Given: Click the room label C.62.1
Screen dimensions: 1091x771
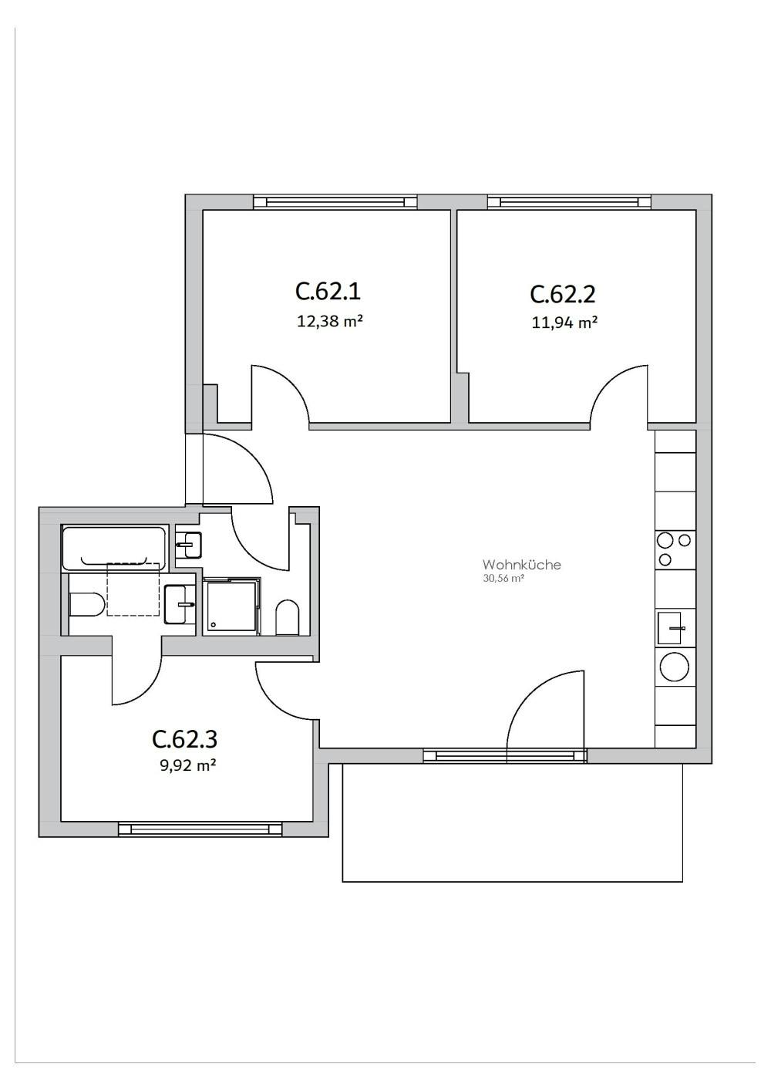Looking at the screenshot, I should click(328, 292).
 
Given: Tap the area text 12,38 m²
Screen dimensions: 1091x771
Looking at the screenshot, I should click(329, 321).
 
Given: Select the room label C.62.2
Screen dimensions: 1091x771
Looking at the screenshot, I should click(563, 294).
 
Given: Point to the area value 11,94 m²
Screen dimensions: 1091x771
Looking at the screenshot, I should click(564, 323).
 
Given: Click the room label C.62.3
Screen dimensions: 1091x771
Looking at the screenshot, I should click(185, 739).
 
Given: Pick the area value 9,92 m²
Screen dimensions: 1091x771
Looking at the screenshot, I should click(184, 765).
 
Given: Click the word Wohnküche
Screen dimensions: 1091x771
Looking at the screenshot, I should click(521, 565).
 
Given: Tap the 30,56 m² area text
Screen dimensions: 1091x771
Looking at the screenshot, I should click(503, 578).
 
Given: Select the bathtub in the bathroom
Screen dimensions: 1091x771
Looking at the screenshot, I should click(114, 548).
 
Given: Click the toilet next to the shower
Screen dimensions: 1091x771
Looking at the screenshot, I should click(288, 617).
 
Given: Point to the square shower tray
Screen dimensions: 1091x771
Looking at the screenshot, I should click(231, 607).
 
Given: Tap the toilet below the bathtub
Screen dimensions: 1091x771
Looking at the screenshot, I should click(86, 604).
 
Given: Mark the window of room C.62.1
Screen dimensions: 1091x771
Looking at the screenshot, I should click(335, 202).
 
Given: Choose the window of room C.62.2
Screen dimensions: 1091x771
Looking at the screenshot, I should click(569, 202).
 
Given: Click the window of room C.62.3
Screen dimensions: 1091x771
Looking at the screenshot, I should click(200, 829).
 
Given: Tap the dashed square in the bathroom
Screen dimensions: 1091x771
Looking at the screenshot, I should click(133, 589).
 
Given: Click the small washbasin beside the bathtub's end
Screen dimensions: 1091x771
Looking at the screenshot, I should click(188, 544).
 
